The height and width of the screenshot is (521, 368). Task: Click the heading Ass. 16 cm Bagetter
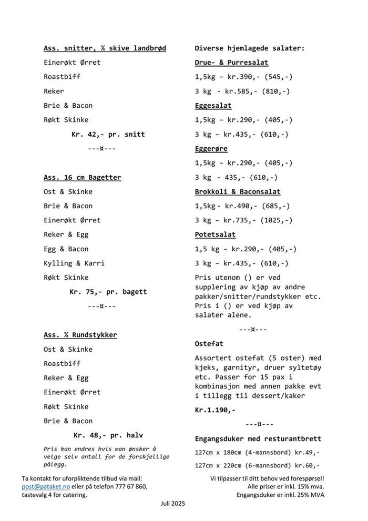(x=82, y=177)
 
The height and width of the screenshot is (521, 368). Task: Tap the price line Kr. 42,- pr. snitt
(x=108, y=134)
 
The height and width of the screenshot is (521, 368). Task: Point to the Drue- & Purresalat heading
(x=231, y=63)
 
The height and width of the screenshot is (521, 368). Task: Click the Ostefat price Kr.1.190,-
(x=215, y=410)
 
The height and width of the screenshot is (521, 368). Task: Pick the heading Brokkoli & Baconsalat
(x=238, y=192)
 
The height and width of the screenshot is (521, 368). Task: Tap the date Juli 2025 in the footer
(x=173, y=503)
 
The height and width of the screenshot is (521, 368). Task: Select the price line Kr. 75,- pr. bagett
(x=108, y=292)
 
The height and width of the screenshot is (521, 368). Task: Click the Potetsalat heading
(x=215, y=234)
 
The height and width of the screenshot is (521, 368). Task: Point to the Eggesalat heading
(x=213, y=106)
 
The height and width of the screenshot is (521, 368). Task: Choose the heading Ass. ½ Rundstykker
(x=80, y=335)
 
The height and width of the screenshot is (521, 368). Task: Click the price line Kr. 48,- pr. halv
(x=108, y=435)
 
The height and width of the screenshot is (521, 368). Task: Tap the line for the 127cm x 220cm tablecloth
(x=257, y=465)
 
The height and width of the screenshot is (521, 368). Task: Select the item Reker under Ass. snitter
(x=54, y=91)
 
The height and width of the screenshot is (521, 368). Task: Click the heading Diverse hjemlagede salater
(x=249, y=48)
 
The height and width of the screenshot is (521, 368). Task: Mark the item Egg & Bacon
(x=66, y=249)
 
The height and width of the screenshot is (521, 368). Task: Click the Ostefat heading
(x=209, y=343)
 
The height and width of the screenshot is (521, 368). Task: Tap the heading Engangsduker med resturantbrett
(x=258, y=438)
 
